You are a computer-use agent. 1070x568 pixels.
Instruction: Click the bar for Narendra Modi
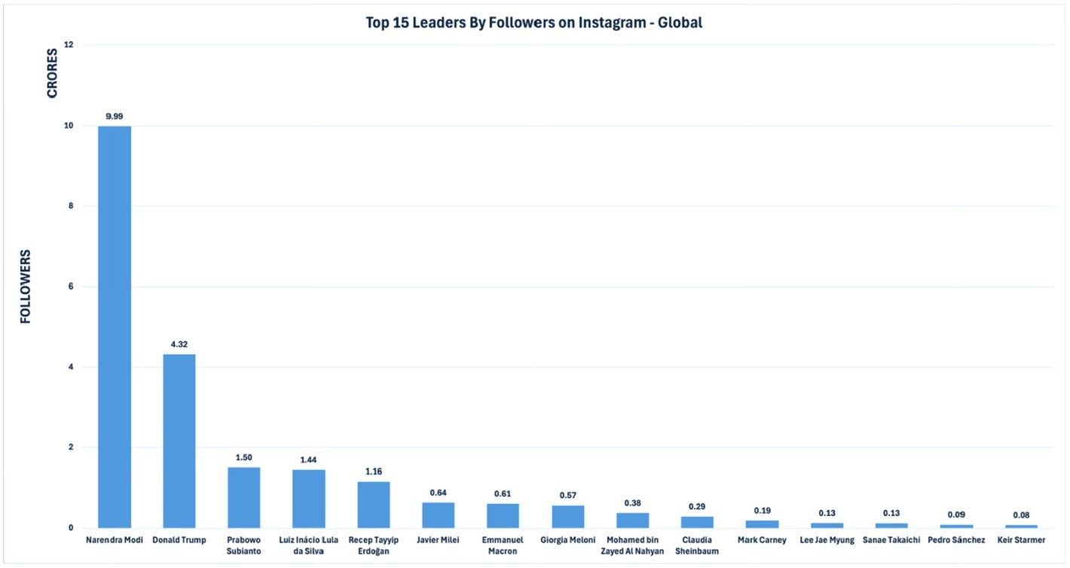pos(115,327)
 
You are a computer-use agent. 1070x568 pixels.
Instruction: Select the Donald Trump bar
pos(179,441)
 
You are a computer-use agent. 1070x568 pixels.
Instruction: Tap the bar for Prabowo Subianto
pos(244,497)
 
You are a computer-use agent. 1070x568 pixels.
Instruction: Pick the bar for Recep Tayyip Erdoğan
pos(374,504)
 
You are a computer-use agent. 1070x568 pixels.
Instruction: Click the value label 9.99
pos(115,116)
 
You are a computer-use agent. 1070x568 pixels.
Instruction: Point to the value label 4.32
pos(179,345)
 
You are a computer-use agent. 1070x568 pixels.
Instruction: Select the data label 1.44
pos(309,459)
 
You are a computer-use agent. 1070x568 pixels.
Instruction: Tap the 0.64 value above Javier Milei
pos(439,493)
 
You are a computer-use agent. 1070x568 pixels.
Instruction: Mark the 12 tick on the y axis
pos(69,45)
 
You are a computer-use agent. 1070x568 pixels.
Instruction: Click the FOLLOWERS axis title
pos(26,286)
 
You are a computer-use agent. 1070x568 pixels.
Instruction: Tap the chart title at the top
pos(533,23)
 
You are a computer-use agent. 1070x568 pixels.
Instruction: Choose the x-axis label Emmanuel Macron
pos(503,545)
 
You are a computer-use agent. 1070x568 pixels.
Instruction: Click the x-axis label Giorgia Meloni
pos(567,540)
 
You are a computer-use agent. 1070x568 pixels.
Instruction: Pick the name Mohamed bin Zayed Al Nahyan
pos(632,545)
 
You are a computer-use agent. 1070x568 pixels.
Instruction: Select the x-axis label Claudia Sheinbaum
pos(697,545)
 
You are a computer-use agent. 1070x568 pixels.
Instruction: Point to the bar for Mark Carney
pos(762,523)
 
